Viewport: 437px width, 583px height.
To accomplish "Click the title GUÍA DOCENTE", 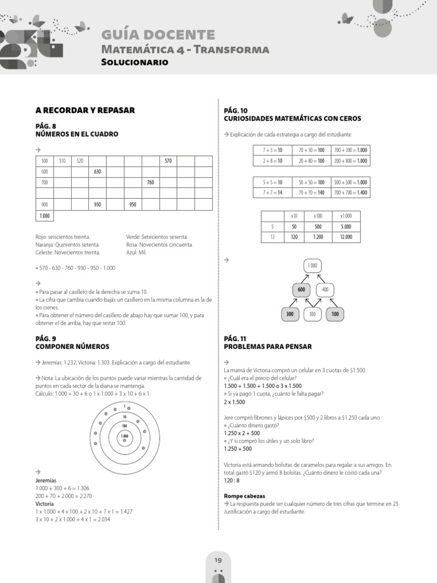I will (x=158, y=35).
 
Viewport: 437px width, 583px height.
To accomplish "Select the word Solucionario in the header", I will (x=134, y=62).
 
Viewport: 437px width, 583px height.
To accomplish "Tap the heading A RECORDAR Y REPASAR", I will (x=85, y=110).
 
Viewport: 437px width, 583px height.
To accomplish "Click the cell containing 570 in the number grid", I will (x=168, y=161).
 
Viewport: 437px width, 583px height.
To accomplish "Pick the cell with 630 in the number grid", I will (x=97, y=171).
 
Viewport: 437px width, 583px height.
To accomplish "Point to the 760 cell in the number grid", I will (x=150, y=182).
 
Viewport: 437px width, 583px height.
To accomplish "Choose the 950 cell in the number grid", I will (x=133, y=204).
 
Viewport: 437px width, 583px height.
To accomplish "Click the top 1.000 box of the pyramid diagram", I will (x=312, y=266).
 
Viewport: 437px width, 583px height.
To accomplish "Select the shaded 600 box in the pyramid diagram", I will (x=302, y=290).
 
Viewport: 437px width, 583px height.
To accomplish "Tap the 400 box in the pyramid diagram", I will (x=325, y=290).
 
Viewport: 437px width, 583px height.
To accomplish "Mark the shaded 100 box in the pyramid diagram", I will (x=335, y=314).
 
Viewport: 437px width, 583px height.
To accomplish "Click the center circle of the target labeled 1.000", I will (x=124, y=437).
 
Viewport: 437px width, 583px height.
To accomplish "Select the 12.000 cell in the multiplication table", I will (x=345, y=236).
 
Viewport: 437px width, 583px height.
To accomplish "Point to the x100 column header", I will (x=318, y=216).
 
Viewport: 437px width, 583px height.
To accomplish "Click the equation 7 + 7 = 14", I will (x=273, y=193).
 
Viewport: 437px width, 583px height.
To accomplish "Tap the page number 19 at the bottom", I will (x=218, y=561).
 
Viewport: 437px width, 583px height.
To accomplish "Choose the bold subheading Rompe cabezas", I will (x=245, y=496).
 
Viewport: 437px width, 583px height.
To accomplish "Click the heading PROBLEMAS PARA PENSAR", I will (x=267, y=346).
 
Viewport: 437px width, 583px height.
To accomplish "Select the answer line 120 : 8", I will (x=233, y=481).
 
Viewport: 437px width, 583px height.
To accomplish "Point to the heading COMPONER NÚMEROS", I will (x=72, y=346).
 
